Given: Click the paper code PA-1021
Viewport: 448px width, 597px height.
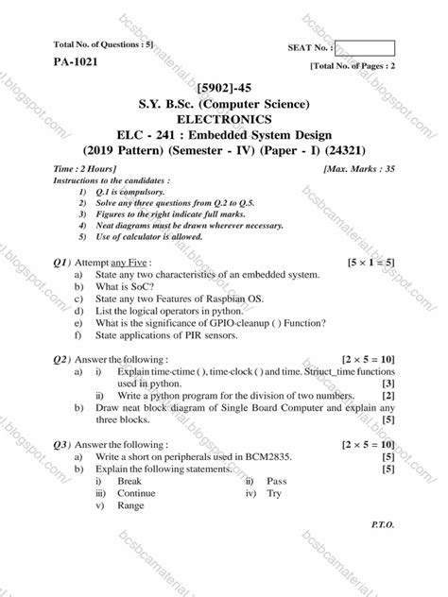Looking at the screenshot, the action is (x=77, y=63).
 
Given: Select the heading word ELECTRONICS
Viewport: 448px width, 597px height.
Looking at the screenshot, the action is (x=224, y=119).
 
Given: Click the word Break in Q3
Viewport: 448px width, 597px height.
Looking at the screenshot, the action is (x=130, y=481).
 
